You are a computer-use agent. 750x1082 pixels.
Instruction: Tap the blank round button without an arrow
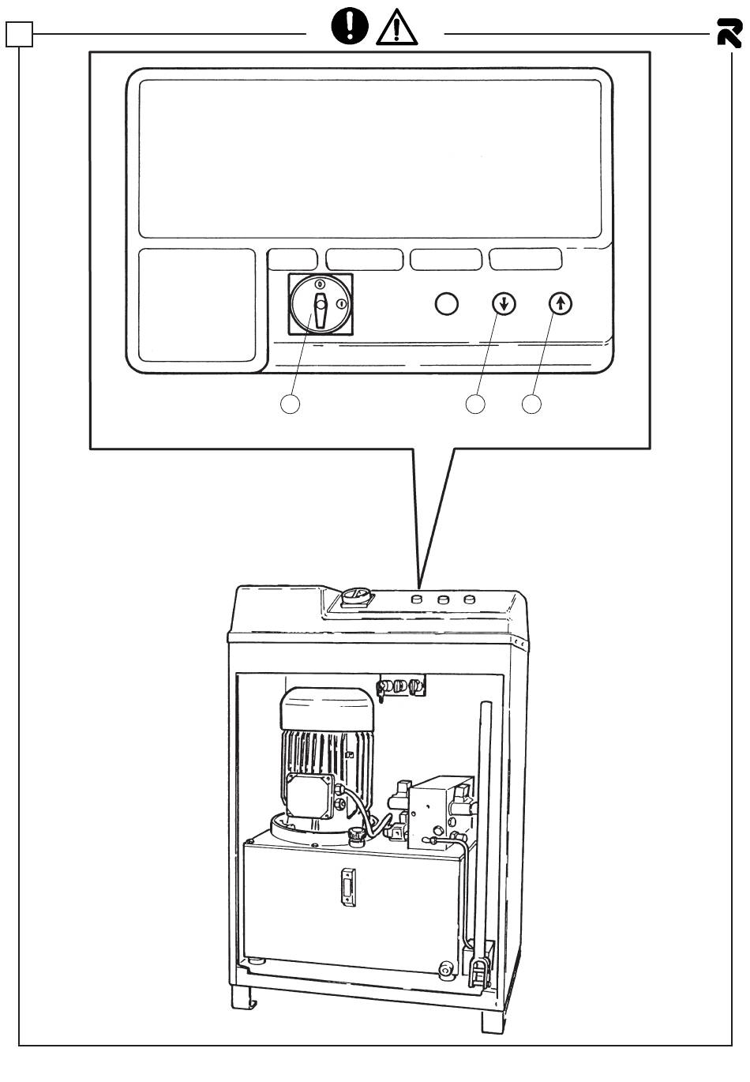pyautogui.click(x=447, y=304)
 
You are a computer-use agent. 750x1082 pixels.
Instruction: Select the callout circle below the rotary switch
pyautogui.click(x=291, y=404)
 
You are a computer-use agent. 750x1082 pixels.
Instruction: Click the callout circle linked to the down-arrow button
pyautogui.click(x=474, y=404)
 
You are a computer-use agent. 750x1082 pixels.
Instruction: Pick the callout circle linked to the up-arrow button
pyautogui.click(x=532, y=404)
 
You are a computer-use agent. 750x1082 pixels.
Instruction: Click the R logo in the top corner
pyautogui.click(x=729, y=34)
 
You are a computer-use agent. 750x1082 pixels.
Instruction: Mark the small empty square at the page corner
pyautogui.click(x=20, y=35)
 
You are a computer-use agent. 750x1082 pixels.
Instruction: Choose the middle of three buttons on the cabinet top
pyautogui.click(x=443, y=601)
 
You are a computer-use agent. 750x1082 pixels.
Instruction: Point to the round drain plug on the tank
pyautogui.click(x=446, y=968)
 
